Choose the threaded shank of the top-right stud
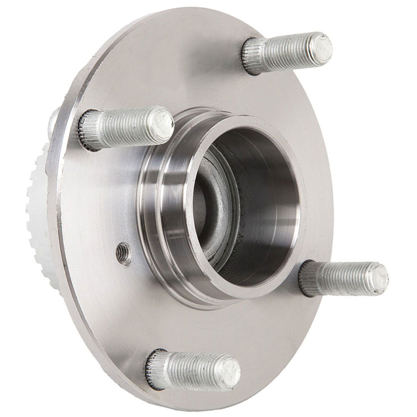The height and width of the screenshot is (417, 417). point(288,52)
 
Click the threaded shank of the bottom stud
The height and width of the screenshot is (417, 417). point(192,370)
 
